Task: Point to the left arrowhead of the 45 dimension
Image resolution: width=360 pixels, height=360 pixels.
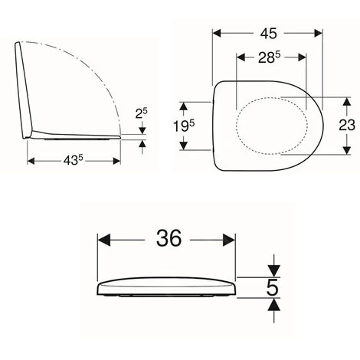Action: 218,33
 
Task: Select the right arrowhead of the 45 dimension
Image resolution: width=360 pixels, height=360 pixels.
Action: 314,33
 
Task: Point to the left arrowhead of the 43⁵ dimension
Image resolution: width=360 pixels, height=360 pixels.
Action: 32,161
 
